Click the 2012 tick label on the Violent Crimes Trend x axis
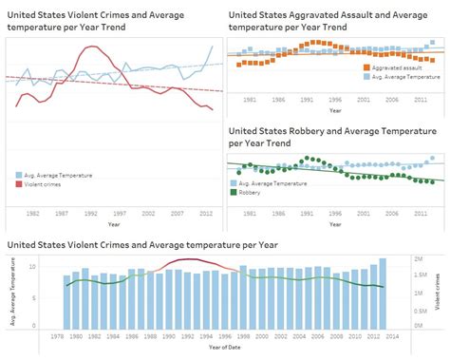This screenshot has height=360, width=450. coord(205,214)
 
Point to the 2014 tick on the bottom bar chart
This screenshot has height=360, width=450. coord(392,335)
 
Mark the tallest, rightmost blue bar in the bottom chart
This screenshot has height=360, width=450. coord(383,293)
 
